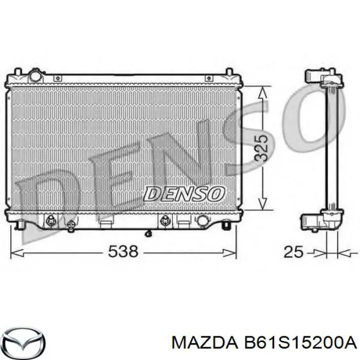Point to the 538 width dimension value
pos(123,251)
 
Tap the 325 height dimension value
pos(261,148)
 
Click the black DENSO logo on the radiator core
pos(184,194)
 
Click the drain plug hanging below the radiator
pos(148,234)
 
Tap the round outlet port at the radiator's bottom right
pos(203,221)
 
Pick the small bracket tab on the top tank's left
pos(58,78)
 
